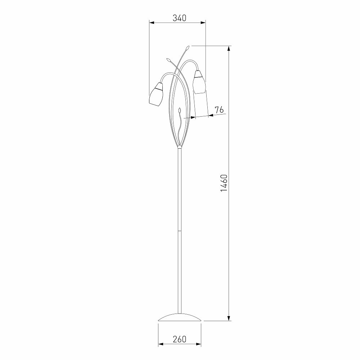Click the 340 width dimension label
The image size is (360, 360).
coord(179,18)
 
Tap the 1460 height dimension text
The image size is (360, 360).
coord(224,183)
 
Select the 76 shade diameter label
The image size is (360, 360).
coord(219,110)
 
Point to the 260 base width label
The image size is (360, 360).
coord(179,339)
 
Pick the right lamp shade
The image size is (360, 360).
coord(199,82)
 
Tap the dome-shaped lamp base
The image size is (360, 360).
coord(180,317)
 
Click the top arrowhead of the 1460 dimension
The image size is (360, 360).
coord(229,49)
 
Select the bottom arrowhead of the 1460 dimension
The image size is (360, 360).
coord(229,318)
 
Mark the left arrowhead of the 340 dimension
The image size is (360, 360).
coord(152,22)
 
